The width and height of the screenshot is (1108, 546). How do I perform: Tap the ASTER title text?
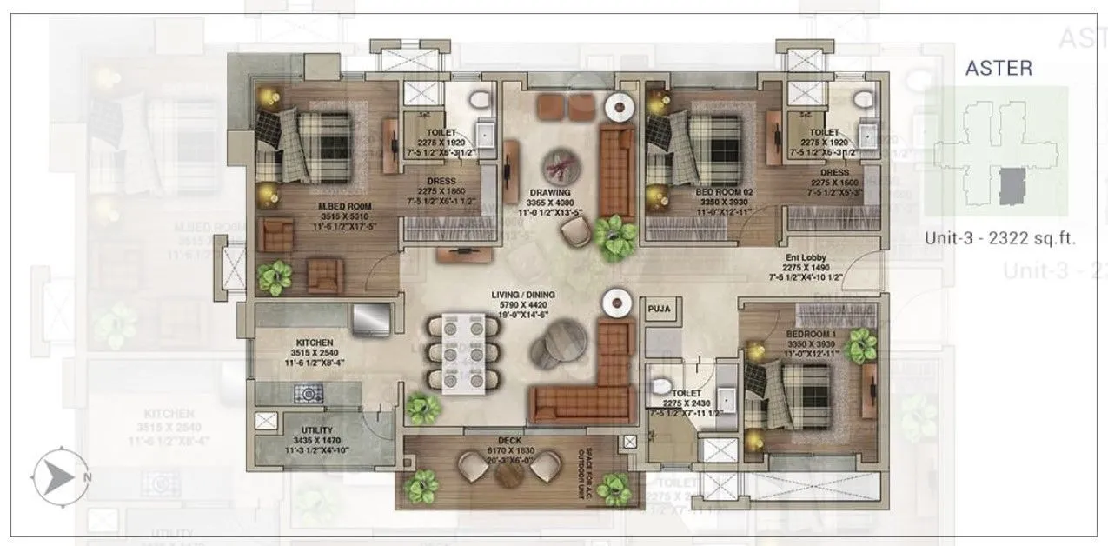click(999, 68)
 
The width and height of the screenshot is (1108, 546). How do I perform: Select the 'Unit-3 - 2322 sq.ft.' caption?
click(999, 239)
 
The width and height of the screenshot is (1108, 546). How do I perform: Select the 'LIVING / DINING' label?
click(522, 296)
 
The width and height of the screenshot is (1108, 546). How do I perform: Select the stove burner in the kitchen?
click(308, 394)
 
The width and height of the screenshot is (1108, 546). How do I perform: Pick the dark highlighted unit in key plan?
click(1010, 187)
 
